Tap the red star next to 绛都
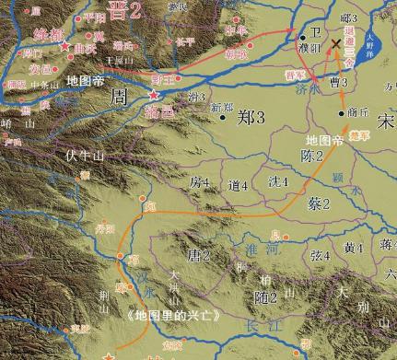64,45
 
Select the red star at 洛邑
154,95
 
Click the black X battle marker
336,42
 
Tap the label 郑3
251,118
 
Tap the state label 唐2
200,254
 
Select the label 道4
239,185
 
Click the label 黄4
354,248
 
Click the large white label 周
118,96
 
